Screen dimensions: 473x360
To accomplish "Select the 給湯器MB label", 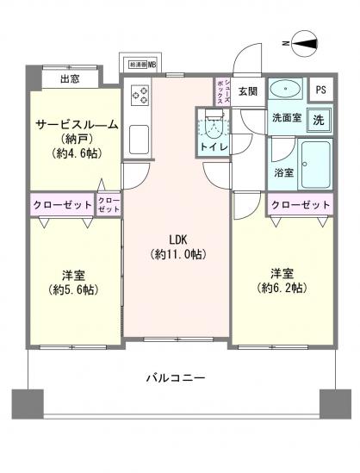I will (x=142, y=64).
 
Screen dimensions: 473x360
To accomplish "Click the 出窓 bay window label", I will (x=71, y=80).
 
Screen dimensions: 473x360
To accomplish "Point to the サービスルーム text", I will (x=76, y=124).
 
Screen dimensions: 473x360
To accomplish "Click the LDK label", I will (x=178, y=239).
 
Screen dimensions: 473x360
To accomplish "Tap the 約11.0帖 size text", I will (x=178, y=254).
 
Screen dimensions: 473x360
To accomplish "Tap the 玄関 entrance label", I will (x=248, y=91).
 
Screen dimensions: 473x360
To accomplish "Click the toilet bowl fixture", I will (x=212, y=127).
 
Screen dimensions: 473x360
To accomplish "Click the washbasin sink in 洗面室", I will (x=285, y=90).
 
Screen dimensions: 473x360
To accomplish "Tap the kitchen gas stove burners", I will (x=140, y=95).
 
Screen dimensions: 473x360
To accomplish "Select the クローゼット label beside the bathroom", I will (x=300, y=205).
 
